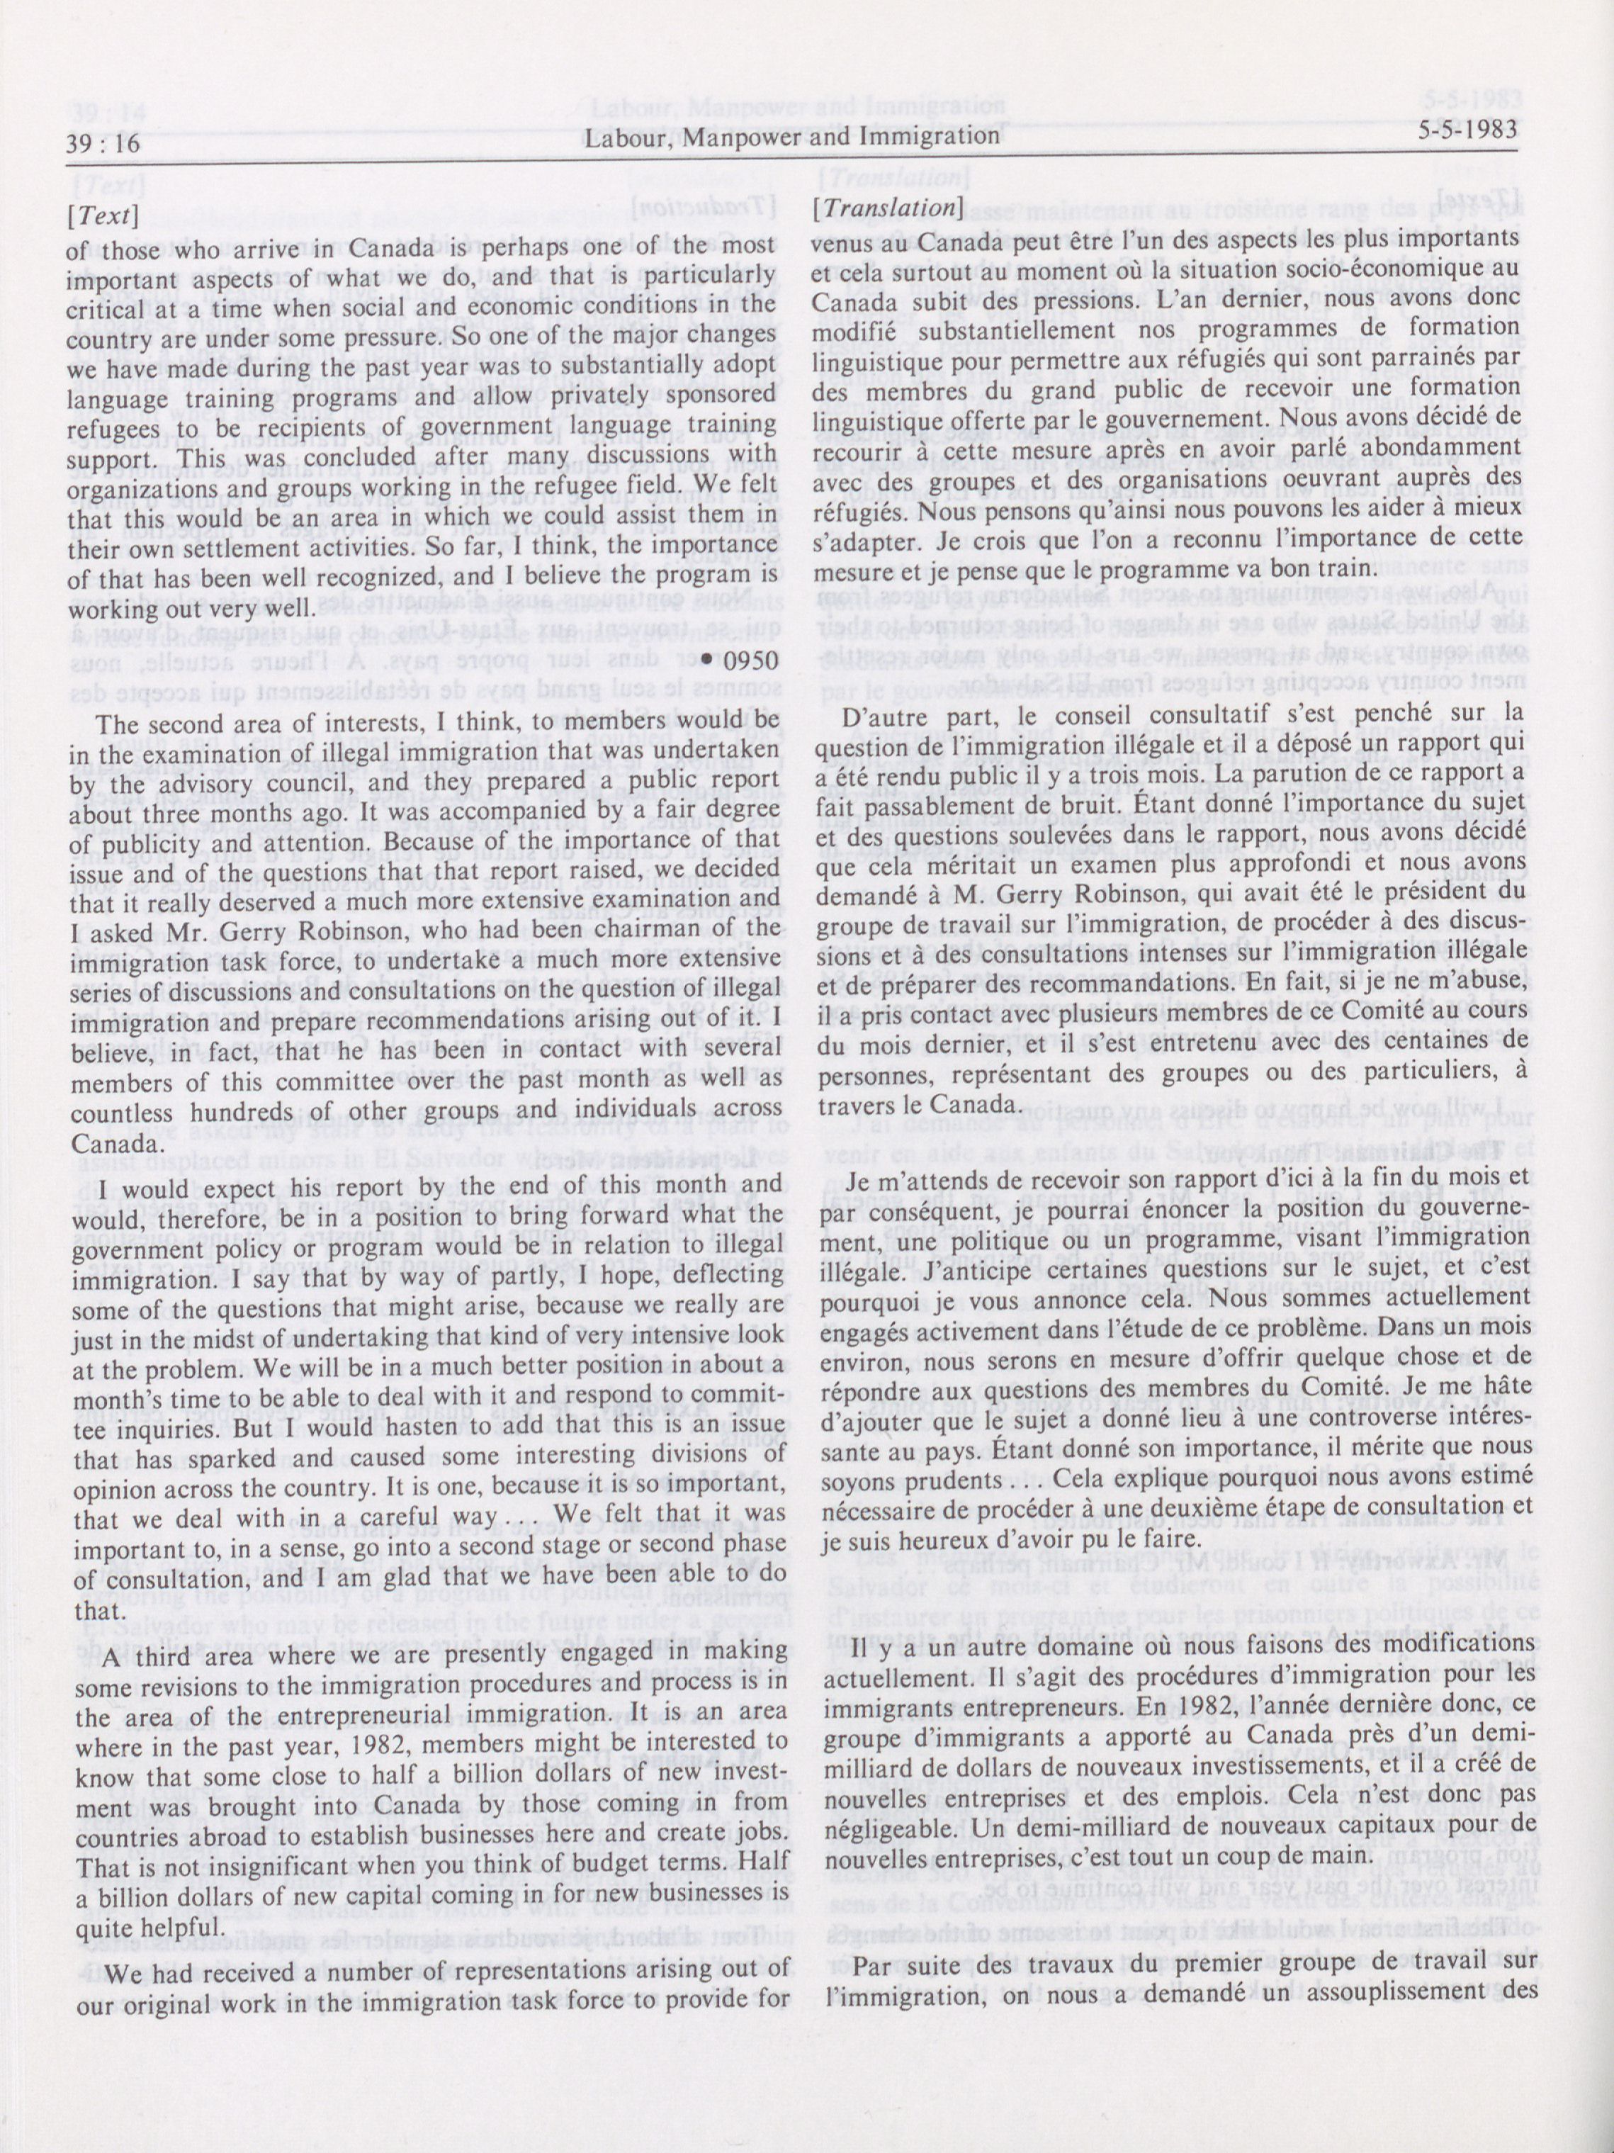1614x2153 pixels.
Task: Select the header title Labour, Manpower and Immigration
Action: pyautogui.click(x=793, y=138)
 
